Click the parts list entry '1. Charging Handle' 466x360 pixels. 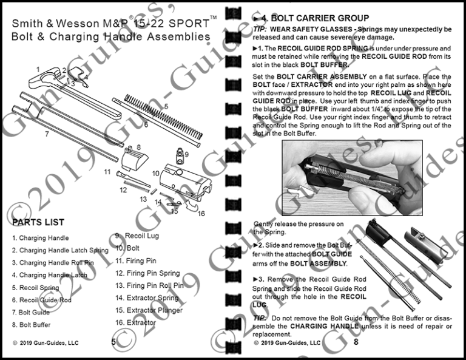(41, 238)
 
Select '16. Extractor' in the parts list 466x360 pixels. (135, 322)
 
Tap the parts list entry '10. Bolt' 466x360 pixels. (127, 248)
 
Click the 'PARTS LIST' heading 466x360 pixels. (38, 222)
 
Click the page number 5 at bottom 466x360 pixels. (113, 342)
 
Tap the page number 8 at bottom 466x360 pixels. (356, 342)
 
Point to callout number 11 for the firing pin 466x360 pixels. (107, 172)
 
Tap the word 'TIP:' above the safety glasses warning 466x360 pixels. (260, 29)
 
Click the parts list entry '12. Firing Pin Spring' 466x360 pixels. (147, 273)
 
